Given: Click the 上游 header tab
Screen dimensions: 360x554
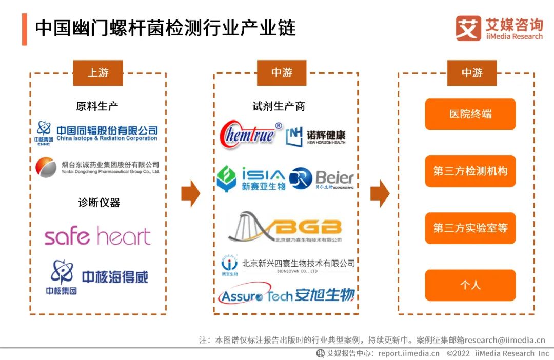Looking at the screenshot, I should [97, 73].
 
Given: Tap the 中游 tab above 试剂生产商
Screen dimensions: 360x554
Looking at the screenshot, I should [282, 73].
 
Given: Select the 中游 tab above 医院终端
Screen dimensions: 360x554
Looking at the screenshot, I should [471, 73].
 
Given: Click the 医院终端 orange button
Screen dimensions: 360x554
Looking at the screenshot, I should [470, 114].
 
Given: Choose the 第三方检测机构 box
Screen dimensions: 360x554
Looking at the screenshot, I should [470, 171].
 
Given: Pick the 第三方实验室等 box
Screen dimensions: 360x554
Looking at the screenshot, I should [470, 228].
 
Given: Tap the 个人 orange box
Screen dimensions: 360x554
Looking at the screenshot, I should [470, 285].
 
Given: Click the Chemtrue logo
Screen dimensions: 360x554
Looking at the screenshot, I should [250, 134].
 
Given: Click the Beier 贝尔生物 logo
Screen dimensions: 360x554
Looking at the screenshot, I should [322, 179].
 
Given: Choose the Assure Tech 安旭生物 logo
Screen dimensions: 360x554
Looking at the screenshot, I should [286, 295].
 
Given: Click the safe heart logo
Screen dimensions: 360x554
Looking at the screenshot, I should [97, 236].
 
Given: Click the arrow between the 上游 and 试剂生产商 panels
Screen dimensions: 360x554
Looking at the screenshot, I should [190, 193].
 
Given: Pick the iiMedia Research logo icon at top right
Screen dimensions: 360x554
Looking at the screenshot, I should [468, 28].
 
